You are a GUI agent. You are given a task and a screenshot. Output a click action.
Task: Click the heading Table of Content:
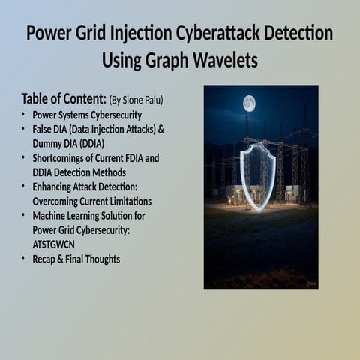(x=63, y=99)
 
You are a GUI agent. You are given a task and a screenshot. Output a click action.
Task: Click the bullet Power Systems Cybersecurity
(x=87, y=115)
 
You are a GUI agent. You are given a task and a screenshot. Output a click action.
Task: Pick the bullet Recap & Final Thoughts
(x=76, y=259)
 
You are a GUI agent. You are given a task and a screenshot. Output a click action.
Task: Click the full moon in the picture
(x=249, y=103)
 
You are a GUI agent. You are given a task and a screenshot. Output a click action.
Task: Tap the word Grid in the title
(x=82, y=34)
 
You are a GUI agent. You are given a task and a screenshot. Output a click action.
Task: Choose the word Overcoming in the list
(x=58, y=201)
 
